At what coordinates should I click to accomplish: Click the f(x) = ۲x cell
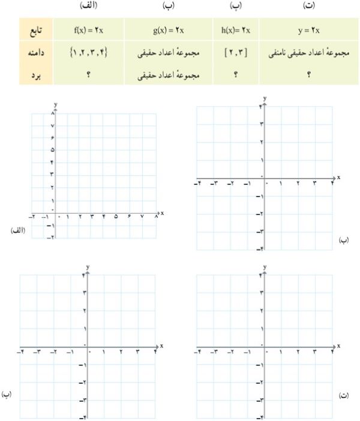tap(88, 29)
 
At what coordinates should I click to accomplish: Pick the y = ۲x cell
tap(310, 29)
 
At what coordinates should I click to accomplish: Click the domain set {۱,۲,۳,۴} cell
tap(88, 53)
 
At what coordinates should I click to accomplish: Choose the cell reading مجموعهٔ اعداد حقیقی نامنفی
tap(310, 53)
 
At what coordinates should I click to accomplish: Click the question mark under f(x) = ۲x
tap(88, 76)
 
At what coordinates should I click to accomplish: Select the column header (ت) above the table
tap(309, 5)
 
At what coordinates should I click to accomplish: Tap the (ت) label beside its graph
tap(344, 395)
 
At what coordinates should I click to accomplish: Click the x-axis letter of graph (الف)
tap(163, 213)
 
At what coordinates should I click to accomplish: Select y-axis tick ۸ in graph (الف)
tap(53, 113)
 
